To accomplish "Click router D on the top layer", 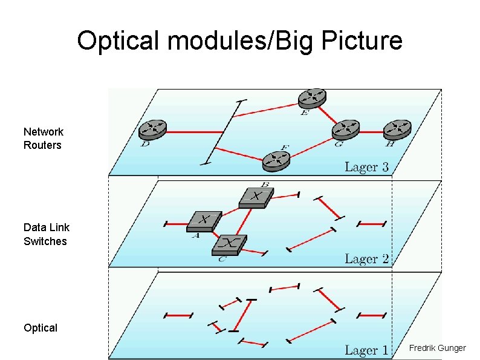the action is point(152,129).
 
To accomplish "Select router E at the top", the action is point(312,97).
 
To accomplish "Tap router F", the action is point(276,160).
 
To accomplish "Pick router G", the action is point(346,128).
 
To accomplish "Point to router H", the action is point(398,128).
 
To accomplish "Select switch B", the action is point(256,197).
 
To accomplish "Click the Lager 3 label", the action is point(366,167).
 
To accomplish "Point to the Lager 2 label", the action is point(366,259).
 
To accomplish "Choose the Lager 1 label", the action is point(366,350).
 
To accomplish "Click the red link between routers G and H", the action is point(372,129).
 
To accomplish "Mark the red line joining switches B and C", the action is point(242,221).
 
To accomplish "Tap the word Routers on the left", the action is point(42,145).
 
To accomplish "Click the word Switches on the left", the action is point(45,241).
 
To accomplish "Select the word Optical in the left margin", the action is point(41,328).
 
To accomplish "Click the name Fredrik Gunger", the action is point(437,348).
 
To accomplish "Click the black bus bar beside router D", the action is point(224,131).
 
